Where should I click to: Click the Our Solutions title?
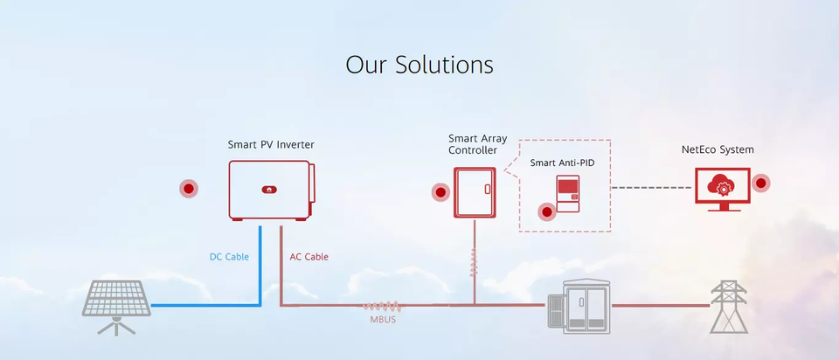coord(419,65)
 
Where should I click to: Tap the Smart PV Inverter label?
coord(271,144)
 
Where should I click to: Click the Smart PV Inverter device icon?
coord(272,189)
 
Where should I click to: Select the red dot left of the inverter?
coord(188,188)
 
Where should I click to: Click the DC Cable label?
coord(229,257)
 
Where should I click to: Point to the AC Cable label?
coord(309,257)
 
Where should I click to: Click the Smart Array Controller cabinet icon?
coord(475,191)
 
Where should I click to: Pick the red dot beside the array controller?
coord(440,192)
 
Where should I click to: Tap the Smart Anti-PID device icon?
coord(568,193)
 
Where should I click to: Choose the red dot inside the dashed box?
coord(547,211)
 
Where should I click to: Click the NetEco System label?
coord(718,149)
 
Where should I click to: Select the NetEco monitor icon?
coord(722,187)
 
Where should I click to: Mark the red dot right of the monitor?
coord(761,183)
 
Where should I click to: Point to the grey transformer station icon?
coord(578,305)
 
